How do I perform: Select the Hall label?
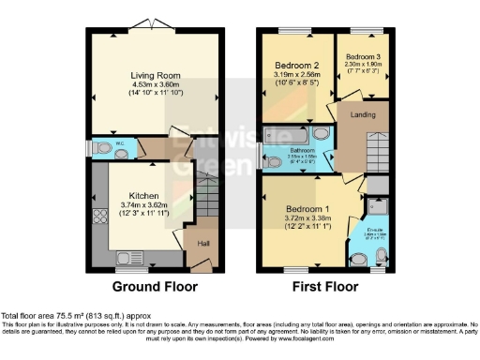tap(202, 244)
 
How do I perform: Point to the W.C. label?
tap(119, 142)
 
